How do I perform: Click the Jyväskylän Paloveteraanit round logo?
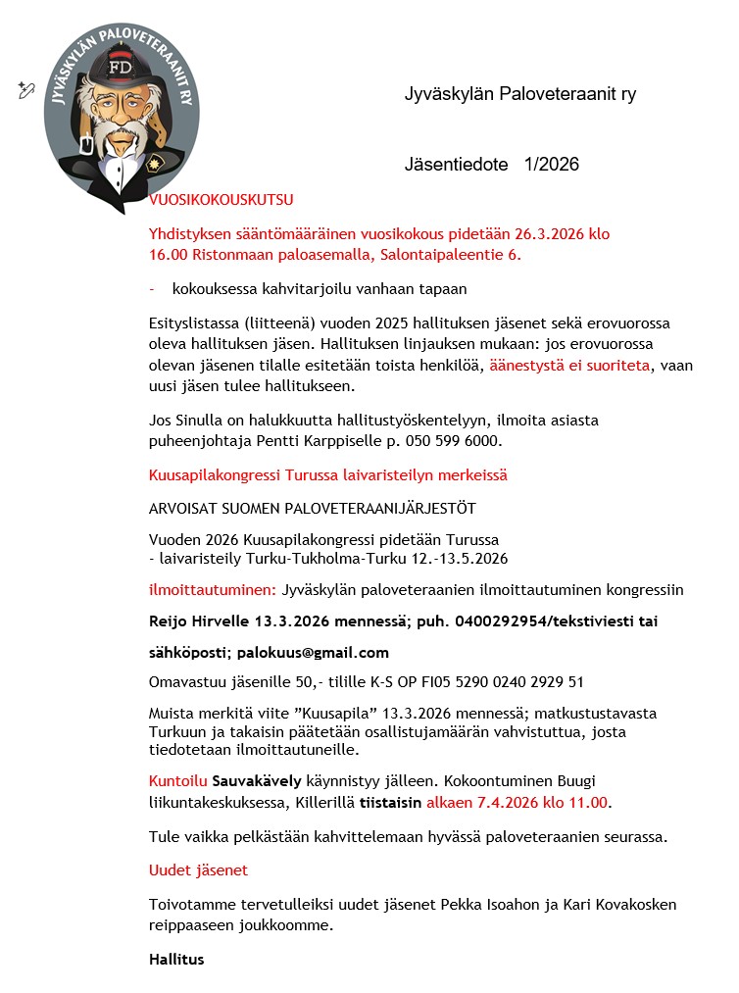pos(122,108)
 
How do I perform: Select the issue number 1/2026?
pos(552,164)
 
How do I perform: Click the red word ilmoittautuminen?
pos(212,589)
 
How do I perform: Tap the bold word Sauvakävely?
pos(259,780)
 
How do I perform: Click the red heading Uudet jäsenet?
pos(198,869)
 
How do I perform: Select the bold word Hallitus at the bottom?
pos(176,959)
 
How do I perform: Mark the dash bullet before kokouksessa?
pos(152,289)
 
